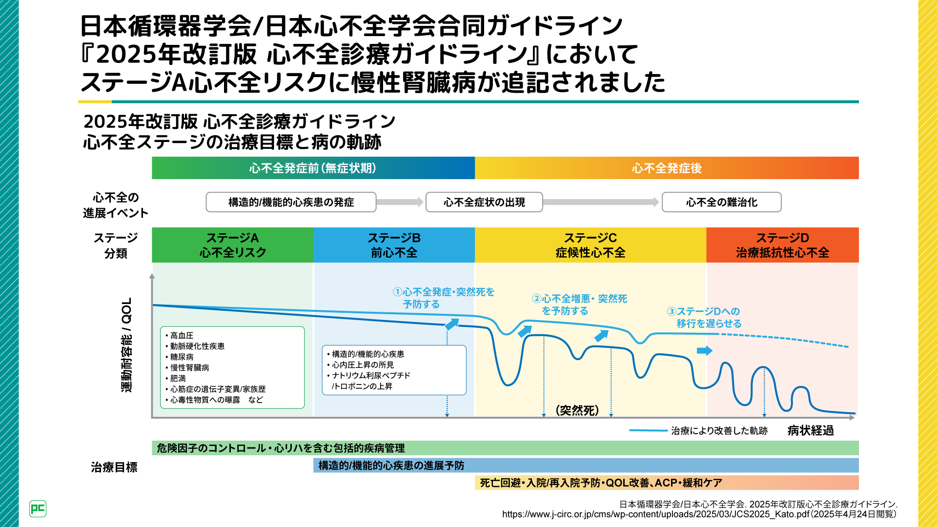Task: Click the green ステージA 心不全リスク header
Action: coord(232,245)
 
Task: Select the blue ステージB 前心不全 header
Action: coord(394,245)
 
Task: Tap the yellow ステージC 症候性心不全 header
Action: coord(590,245)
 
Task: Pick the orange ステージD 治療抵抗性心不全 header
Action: coord(782,245)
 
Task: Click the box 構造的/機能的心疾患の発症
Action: coord(291,202)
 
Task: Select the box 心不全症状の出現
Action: coord(484,202)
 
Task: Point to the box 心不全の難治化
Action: coord(721,202)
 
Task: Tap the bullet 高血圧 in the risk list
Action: coord(182,335)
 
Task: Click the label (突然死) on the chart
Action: coord(577,410)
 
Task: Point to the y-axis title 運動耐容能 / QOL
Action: coord(126,345)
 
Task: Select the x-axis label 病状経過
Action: coord(810,430)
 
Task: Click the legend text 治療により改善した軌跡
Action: coord(719,430)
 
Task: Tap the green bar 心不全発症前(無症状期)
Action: coord(313,168)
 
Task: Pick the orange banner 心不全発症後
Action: coord(667,168)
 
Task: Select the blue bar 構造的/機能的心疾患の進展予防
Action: coord(586,466)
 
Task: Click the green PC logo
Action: coord(38,509)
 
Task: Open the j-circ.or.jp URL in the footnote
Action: coord(655,514)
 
